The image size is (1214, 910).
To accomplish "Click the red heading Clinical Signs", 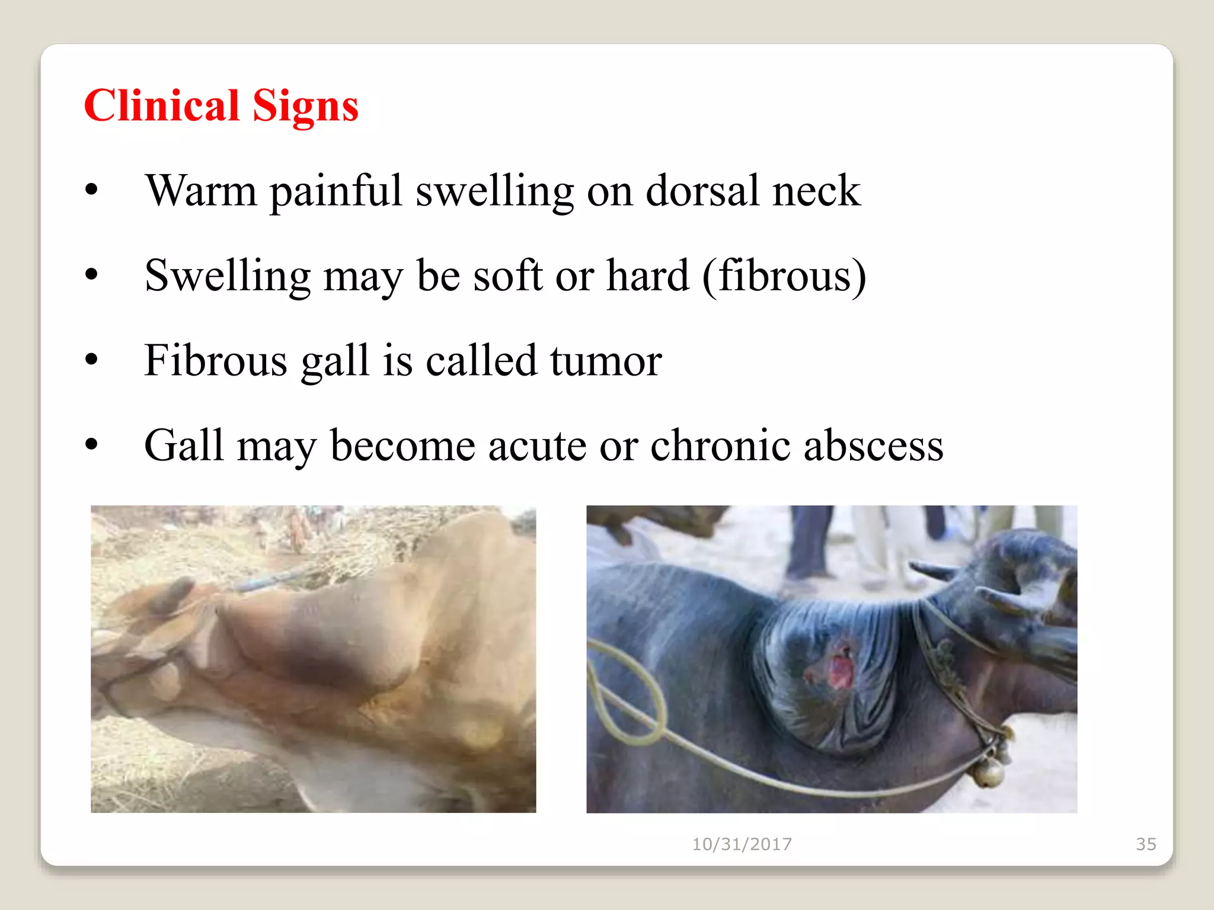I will pyautogui.click(x=221, y=105).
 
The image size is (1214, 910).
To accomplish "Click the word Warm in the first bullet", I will pyautogui.click(x=201, y=191).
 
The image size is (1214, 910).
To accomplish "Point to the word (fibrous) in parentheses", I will pyautogui.click(x=784, y=276).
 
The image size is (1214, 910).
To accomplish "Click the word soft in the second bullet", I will pyautogui.click(x=507, y=276).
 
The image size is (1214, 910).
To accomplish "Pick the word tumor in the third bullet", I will pyautogui.click(x=606, y=360).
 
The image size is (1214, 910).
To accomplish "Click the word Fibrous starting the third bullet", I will pyautogui.click(x=216, y=360).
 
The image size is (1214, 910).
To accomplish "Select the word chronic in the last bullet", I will pyautogui.click(x=720, y=446).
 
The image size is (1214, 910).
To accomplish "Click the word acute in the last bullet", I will pyautogui.click(x=537, y=446).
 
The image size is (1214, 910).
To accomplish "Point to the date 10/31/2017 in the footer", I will pyautogui.click(x=742, y=844).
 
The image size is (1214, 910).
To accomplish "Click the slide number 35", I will pyautogui.click(x=1146, y=844).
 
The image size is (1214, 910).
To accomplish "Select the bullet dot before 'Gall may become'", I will pyautogui.click(x=91, y=444).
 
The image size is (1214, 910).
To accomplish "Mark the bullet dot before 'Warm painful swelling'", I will pyautogui.click(x=91, y=190).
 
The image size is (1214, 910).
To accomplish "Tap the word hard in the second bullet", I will pyautogui.click(x=648, y=276).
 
